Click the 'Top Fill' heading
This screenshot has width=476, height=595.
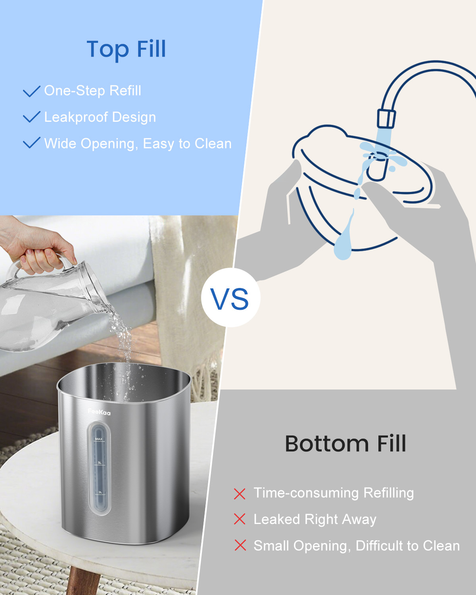coord(126,50)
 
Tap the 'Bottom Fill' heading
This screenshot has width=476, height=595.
coord(345,443)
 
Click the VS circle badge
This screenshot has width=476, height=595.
coord(230,298)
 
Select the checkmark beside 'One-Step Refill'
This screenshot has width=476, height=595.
coord(31,91)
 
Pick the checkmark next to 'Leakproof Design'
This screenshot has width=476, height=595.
coord(31,117)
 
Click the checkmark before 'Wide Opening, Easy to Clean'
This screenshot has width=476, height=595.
coord(31,143)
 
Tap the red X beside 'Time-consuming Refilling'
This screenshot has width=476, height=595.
coord(240,494)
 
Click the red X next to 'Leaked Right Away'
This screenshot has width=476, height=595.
coord(240,519)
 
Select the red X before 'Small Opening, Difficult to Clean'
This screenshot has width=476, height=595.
coord(240,545)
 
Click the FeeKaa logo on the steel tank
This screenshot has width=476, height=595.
coord(99,413)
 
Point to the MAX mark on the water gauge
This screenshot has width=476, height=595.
coord(99,439)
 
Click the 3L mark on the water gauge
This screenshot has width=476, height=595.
coord(100,463)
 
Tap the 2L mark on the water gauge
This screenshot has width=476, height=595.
coord(100,492)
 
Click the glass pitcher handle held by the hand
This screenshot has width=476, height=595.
coord(16,270)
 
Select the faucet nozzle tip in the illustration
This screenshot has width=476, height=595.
coord(386,119)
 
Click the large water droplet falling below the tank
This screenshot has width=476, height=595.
coord(343,242)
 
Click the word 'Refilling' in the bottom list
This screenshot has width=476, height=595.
coord(389,493)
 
